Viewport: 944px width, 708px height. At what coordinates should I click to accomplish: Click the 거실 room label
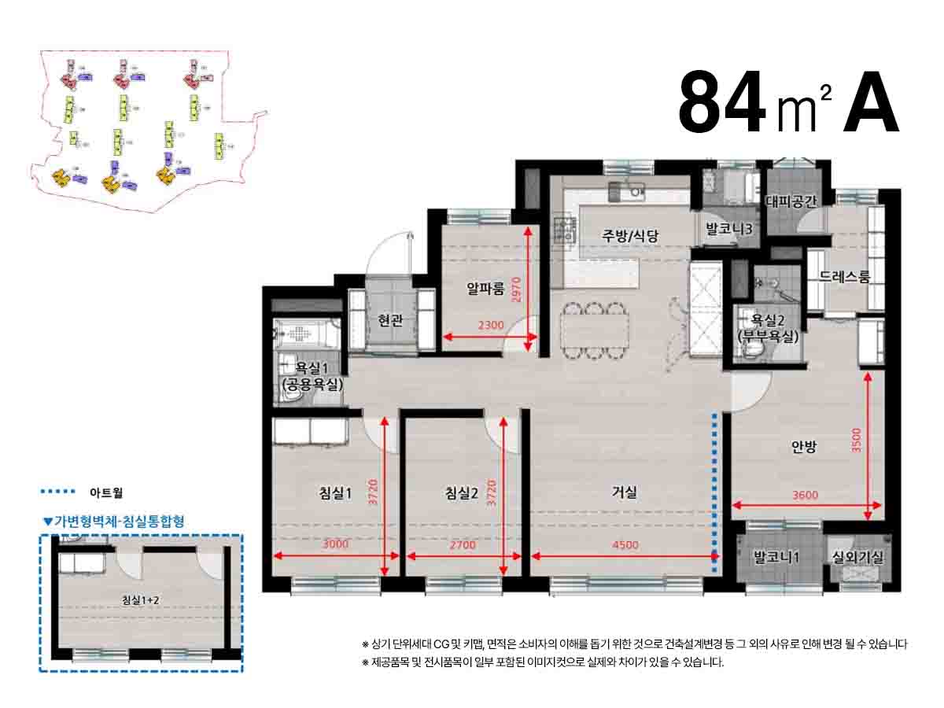625,492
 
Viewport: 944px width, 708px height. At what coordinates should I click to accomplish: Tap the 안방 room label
804,447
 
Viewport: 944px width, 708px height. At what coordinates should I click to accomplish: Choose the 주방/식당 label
629,234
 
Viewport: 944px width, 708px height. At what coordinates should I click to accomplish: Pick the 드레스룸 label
844,277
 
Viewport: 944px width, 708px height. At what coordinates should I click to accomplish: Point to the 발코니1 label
776,558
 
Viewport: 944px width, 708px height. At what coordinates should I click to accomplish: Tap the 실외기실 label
858,558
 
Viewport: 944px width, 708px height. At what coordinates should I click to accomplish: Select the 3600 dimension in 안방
806,495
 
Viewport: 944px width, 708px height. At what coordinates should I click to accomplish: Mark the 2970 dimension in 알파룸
516,289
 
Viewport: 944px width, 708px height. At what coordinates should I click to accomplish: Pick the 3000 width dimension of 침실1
336,544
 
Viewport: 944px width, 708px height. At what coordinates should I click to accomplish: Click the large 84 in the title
722,103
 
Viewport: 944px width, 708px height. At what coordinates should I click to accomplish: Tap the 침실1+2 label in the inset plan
142,600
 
